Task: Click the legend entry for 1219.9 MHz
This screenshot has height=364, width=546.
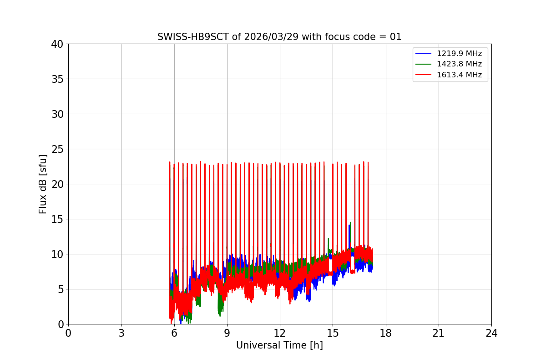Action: [462, 54]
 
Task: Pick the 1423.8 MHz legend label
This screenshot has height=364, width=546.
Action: [462, 64]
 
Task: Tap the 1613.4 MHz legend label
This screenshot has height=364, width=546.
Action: [462, 75]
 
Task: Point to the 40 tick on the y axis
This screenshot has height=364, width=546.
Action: [58, 44]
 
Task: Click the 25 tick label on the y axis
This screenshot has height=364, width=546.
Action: [58, 149]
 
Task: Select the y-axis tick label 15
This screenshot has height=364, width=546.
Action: [58, 219]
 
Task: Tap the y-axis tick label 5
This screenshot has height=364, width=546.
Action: [61, 289]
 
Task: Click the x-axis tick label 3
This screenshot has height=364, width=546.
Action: [121, 333]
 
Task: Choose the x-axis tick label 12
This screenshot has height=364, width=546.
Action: [280, 333]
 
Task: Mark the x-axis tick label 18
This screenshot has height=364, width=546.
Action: [386, 333]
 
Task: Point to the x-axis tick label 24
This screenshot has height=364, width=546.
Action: [491, 333]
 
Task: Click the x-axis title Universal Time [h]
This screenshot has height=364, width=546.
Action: [279, 345]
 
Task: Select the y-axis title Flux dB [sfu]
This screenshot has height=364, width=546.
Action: [43, 184]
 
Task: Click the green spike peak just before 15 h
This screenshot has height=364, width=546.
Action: [328, 238]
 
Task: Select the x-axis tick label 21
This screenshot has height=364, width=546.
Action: [439, 333]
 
